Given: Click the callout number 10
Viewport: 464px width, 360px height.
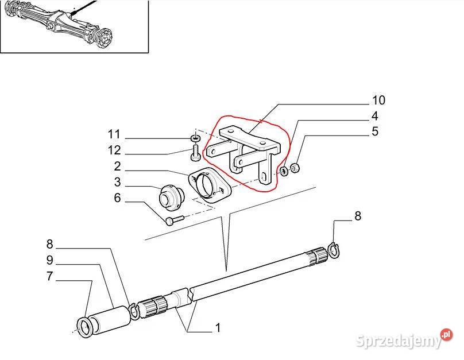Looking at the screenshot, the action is [378, 100].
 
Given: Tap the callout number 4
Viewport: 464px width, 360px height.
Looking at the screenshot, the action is [374, 116].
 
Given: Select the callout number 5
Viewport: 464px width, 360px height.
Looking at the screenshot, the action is [375, 131].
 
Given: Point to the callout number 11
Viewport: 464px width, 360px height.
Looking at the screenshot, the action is [114, 134].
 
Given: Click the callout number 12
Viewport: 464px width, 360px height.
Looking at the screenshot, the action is [114, 150].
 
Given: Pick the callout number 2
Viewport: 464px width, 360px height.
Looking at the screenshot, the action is [117, 167].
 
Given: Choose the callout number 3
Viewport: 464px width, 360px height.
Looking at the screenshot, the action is [118, 182].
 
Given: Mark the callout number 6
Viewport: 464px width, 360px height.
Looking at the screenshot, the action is [118, 198].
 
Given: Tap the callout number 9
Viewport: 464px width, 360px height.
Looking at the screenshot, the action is [50, 260].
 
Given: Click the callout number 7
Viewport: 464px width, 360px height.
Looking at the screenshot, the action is [50, 276].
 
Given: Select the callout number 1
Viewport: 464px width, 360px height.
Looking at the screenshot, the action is [218, 328].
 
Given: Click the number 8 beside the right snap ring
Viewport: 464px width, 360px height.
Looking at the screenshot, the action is [358, 216].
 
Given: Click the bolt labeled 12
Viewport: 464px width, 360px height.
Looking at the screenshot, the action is [195, 153].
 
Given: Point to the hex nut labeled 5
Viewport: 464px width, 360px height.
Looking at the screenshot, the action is [295, 168].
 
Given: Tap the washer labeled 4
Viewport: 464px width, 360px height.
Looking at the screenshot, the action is [284, 171].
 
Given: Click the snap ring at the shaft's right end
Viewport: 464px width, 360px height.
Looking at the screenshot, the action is [334, 250].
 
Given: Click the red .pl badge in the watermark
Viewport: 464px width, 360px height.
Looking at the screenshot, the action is [446, 335].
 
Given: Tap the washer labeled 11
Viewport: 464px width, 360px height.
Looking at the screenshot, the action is [195, 138].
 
